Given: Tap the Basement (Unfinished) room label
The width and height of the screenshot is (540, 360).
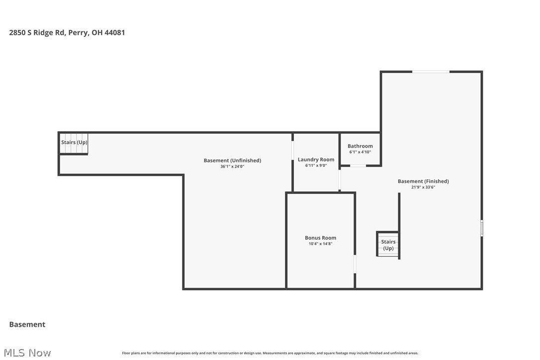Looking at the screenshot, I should coord(232,161).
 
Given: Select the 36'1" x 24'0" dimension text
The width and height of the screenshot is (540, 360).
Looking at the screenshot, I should coord(232,167).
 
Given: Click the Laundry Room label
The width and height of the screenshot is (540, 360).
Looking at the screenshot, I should coord(316,160).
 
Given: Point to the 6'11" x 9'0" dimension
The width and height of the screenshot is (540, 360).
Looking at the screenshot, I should coord(316,166).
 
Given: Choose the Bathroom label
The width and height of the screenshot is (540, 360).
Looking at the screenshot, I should coord(360,146).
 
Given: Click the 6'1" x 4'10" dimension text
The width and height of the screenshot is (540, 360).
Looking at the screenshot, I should coord(360,152).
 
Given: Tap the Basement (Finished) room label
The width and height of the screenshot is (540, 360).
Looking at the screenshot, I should coord(423,181).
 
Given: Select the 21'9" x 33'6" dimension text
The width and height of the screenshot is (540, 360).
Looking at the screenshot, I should coord(423,187).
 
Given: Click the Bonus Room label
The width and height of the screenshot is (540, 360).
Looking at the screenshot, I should coord(320,238).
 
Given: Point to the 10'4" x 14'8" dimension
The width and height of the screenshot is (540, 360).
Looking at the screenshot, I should coord(320,244).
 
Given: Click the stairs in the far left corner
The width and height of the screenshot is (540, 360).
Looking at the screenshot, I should coord(74,143).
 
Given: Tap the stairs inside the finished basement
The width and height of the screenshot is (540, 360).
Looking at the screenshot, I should coord(388,245).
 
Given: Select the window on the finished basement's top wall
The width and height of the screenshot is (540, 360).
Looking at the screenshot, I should coord(431,72).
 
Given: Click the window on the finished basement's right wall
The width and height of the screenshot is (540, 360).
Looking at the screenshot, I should coord(481,228).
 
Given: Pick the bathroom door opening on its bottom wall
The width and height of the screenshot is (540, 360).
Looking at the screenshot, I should coord(358,166).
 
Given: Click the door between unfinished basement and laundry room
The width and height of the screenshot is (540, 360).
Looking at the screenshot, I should coord(292,151).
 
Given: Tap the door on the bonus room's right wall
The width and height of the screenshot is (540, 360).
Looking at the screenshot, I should coord(355,264).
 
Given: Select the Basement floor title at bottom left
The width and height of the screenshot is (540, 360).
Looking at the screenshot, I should coord(27,324).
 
